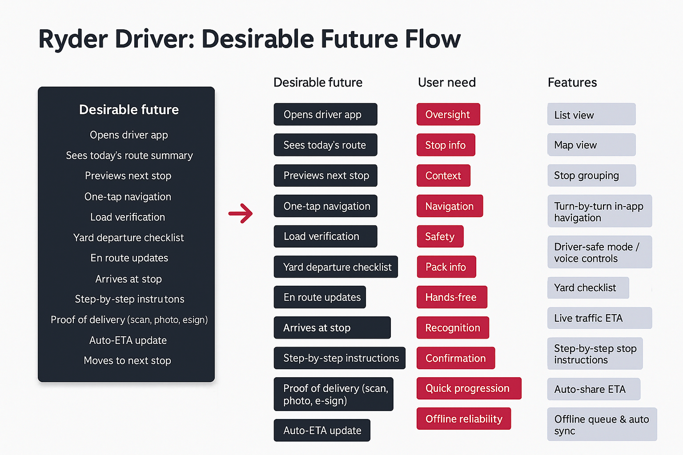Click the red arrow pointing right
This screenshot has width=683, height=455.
pos(241,213)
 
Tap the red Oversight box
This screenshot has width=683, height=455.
pos(448,115)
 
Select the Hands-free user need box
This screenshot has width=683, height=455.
pos(451,297)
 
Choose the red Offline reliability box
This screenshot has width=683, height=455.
pos(463,419)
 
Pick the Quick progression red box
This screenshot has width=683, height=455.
pos(468,388)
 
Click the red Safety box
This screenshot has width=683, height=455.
pos(440,236)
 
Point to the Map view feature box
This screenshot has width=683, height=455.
pos(591,145)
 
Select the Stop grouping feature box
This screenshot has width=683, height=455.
pos(591,176)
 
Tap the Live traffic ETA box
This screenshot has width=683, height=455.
pos(599,318)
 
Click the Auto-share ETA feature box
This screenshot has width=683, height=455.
pos(593,389)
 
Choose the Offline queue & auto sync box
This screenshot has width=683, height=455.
pos(601,424)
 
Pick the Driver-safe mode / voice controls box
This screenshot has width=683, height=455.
pos(599,252)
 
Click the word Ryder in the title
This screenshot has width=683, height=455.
pos(73,39)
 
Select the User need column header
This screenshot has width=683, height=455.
pos(446,82)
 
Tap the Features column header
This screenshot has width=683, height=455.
pos(572,82)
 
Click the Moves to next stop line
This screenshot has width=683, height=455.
pos(127,360)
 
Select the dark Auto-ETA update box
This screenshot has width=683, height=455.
pos(322,430)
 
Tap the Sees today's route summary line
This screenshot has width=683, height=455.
pos(129,156)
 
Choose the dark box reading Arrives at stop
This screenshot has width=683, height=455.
pos(332,328)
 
